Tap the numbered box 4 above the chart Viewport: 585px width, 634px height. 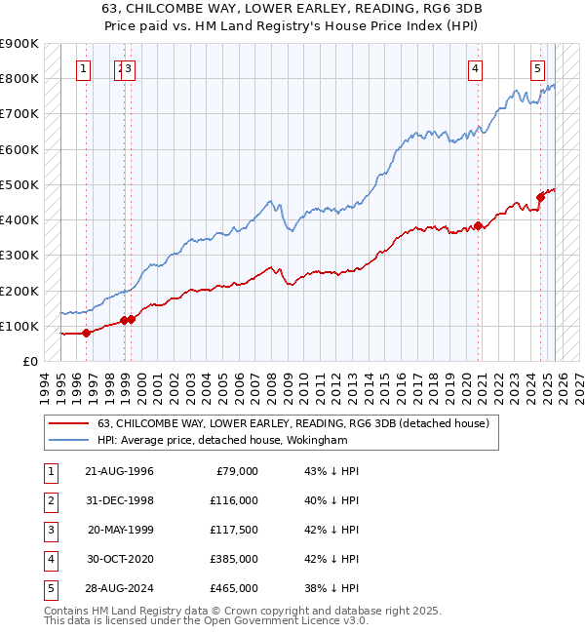point(474,68)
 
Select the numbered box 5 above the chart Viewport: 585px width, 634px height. point(538,68)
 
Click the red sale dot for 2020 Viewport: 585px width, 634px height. point(479,225)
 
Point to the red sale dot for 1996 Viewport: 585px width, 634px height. point(86,333)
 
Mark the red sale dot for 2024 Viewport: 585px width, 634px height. point(540,197)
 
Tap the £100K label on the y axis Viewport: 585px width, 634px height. point(19,326)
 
